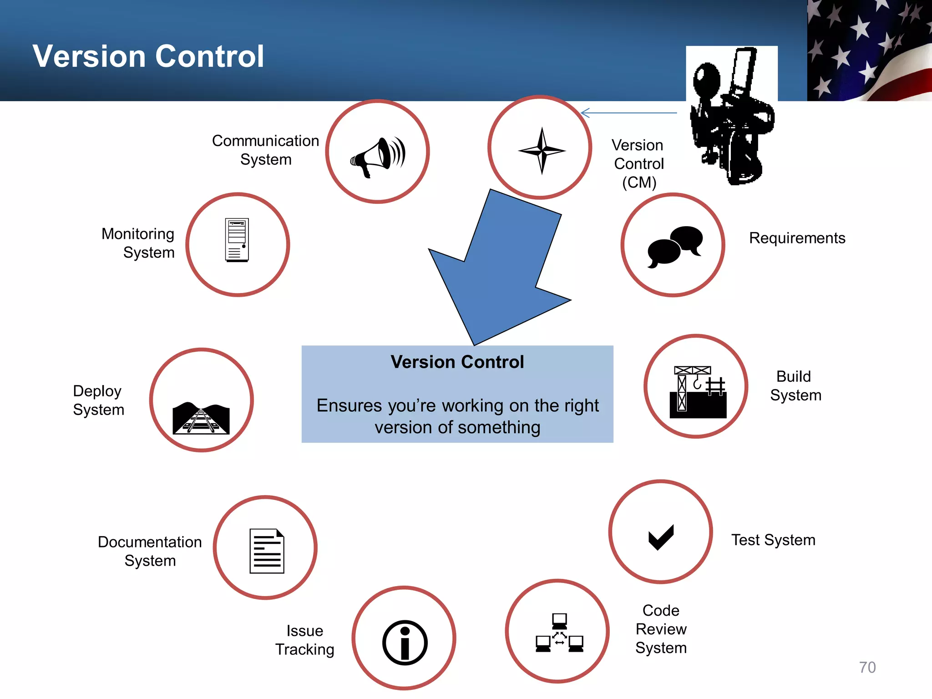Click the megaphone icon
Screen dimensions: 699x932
tap(378, 157)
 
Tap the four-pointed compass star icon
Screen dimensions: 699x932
tap(542, 150)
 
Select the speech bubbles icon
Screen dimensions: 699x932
tap(675, 246)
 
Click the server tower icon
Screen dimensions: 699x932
tap(237, 240)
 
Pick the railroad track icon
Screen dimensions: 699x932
tap(201, 418)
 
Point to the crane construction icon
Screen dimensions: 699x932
tap(698, 392)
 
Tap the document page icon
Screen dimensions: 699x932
tap(267, 551)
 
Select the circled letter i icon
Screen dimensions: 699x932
tap(405, 642)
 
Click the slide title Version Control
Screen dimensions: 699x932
tap(148, 56)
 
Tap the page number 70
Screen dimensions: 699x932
tap(867, 667)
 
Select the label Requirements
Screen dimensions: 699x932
tap(797, 238)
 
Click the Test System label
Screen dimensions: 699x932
tap(773, 540)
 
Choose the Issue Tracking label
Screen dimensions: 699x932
tap(304, 640)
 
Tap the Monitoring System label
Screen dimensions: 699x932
tap(138, 243)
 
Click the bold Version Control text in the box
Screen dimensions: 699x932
tap(457, 362)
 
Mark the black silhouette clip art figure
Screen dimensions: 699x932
tap(731, 116)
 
